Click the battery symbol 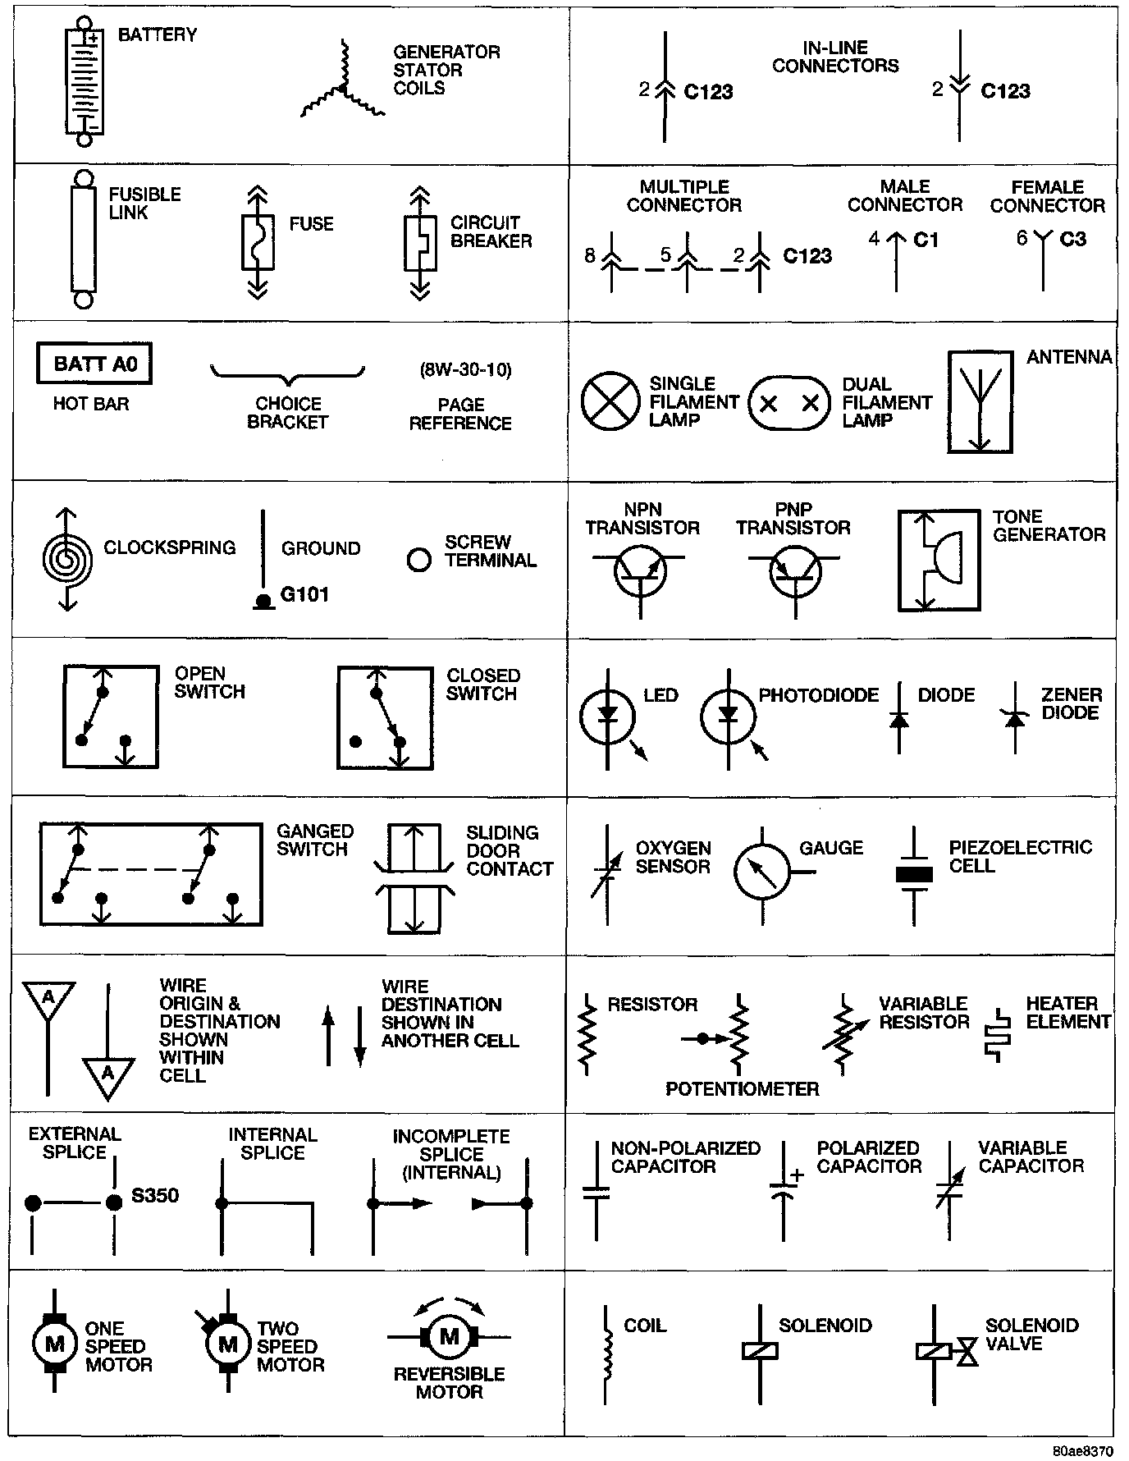pos(84,82)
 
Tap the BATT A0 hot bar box pos(94,364)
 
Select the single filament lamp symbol pos(610,402)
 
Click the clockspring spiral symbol pos(67,559)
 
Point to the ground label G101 pos(305,594)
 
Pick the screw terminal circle pos(419,561)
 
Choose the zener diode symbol pos(1016,719)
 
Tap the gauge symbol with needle pos(761,872)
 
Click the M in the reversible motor pos(449,1337)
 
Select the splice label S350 pos(155,1196)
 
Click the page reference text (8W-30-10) pos(465,370)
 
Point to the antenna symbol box pos(979,402)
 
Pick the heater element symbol pos(997,1036)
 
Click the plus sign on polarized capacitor pos(797,1175)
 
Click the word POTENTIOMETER pos(742,1089)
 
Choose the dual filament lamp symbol pos(789,403)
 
